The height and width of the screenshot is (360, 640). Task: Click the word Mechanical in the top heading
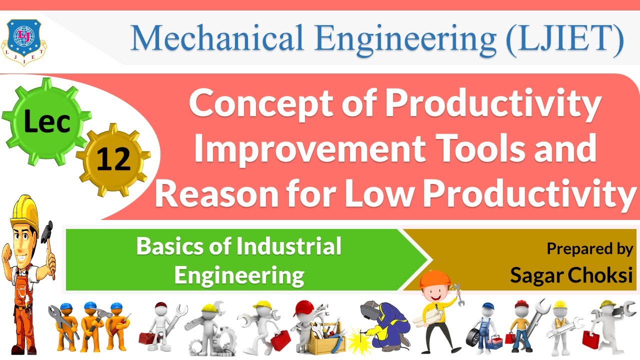[x=215, y=38]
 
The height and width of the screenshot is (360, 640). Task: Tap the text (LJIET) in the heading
[x=564, y=38]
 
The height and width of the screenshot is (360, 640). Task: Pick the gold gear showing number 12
[x=113, y=158]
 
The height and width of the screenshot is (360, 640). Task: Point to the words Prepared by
[x=589, y=249]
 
